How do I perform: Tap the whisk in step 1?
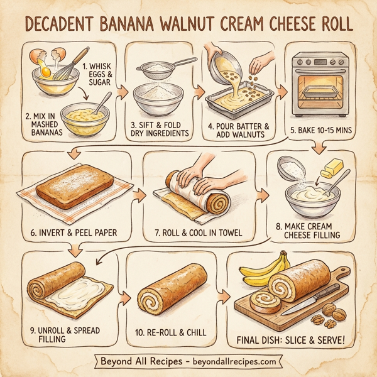tap(62, 66)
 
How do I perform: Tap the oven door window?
tap(324, 92)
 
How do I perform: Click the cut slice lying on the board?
tap(265, 300)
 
